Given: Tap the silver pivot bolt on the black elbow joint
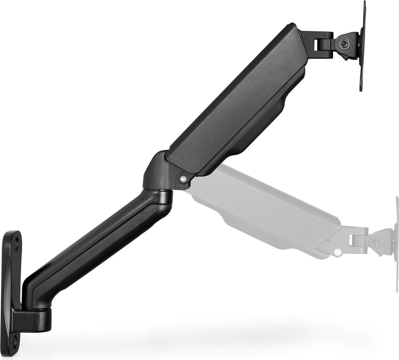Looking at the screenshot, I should [x=183, y=178].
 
